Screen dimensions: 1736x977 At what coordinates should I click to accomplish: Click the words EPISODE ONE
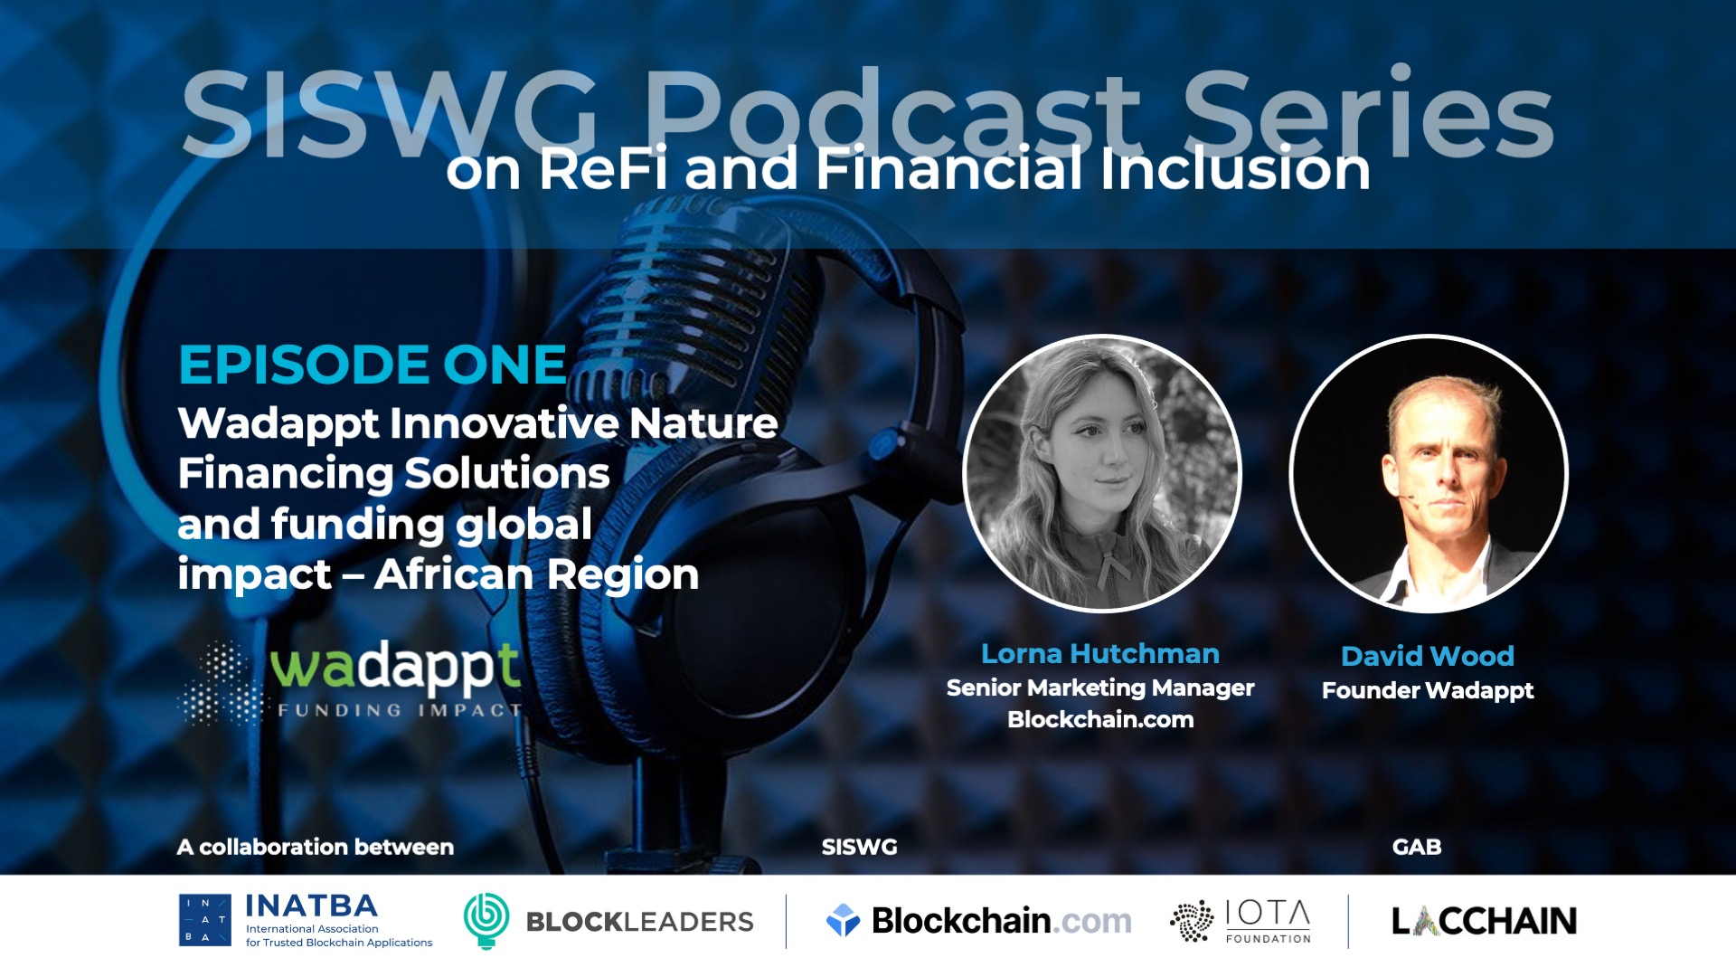(373, 365)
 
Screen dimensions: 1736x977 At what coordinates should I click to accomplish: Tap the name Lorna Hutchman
(1100, 653)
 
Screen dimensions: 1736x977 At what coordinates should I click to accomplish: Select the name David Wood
(1428, 656)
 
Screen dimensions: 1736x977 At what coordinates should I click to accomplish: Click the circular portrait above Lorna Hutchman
(1102, 474)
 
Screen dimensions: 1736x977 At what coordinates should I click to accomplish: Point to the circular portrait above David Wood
(1429, 474)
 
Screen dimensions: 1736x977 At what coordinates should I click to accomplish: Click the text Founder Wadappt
(1428, 690)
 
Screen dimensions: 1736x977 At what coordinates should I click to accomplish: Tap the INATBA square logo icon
(205, 920)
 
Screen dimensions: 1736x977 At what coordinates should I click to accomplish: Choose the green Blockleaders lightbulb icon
(486, 920)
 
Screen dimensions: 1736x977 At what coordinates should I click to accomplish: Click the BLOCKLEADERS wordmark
(639, 922)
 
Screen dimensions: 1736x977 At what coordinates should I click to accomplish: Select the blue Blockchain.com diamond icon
(843, 920)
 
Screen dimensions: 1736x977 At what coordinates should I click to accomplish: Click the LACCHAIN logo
(1484, 921)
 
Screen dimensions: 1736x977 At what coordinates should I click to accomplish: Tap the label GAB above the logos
(1417, 847)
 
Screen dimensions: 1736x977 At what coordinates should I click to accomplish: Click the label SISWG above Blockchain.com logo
(859, 847)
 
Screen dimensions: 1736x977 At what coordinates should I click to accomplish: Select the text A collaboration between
(316, 847)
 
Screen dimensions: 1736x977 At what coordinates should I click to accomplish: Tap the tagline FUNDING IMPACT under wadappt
(400, 710)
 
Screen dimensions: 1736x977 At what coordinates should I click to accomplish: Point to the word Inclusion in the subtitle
(1235, 169)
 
